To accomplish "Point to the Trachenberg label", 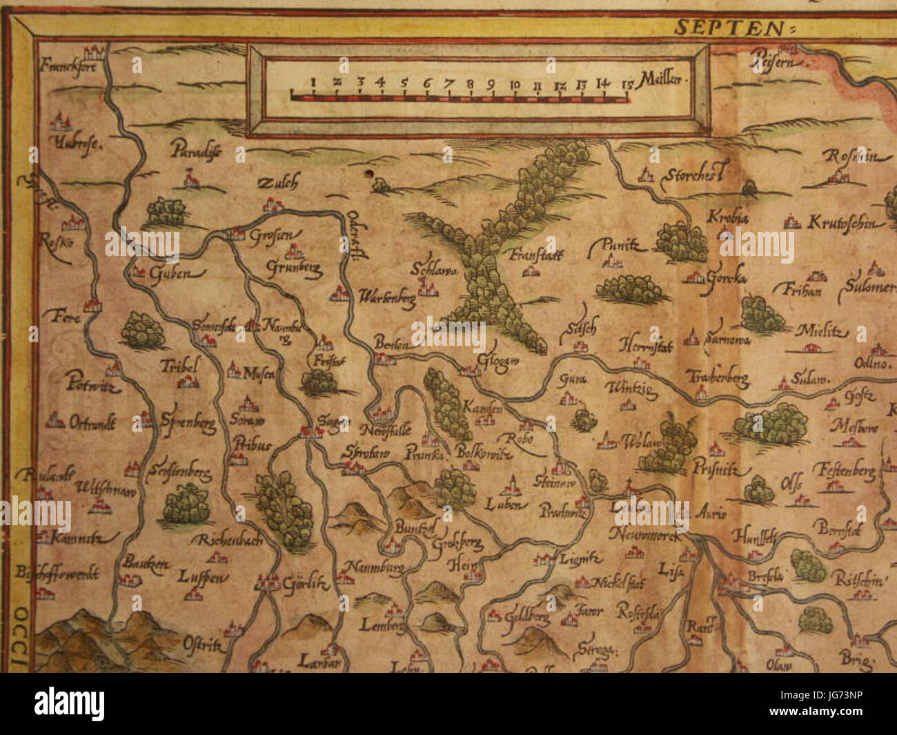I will [717, 378].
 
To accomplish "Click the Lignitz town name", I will [580, 558].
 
